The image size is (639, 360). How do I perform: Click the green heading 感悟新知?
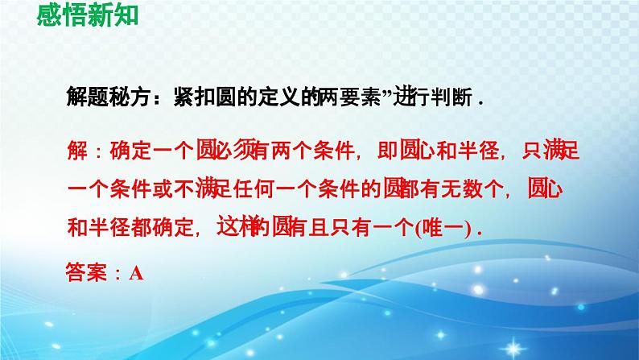[x=83, y=14]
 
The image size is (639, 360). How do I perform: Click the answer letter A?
[x=136, y=273]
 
